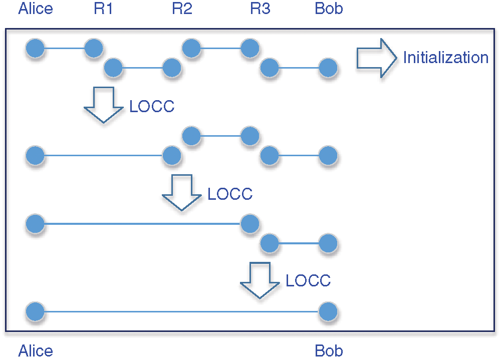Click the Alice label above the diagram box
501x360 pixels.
pos(35,9)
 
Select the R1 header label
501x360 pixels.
pos(103,9)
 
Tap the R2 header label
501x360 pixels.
pos(182,9)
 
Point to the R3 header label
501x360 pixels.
pos(260,9)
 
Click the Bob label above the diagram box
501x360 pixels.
pos(329,9)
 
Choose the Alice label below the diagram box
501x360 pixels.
pos(35,351)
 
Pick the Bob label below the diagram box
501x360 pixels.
pos(329,351)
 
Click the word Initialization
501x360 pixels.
pos(445,58)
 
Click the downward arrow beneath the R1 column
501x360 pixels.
pos(103,104)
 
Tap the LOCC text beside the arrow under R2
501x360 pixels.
pos(230,194)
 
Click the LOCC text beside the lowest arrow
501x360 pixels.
pos(308,280)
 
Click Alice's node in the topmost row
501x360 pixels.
pos(35,49)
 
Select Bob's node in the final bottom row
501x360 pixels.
pos(328,312)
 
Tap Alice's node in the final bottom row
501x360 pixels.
pos(35,312)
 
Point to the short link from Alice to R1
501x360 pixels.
pos(64,49)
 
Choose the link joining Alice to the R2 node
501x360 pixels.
pos(103,156)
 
